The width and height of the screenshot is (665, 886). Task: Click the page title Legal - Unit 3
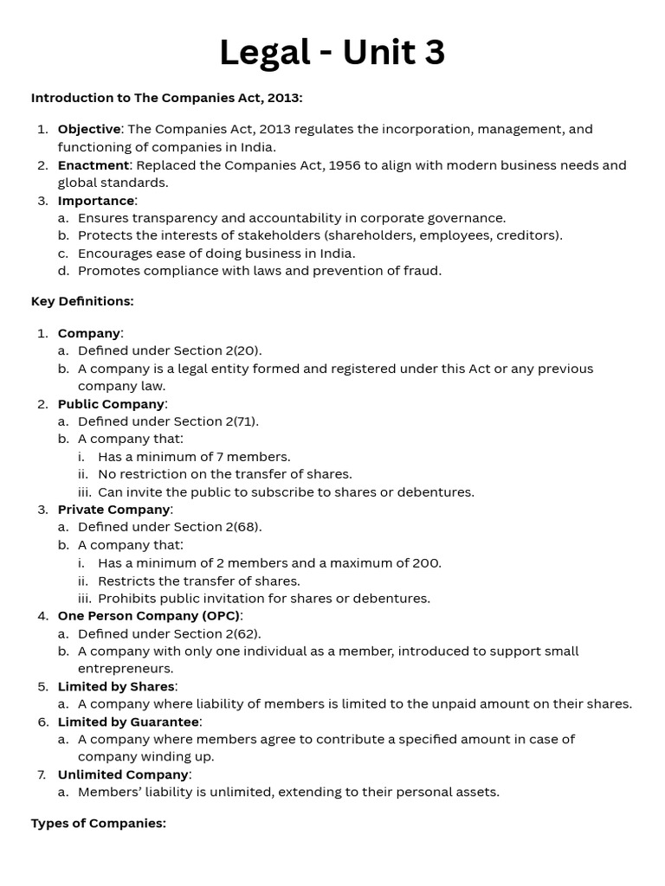(x=332, y=53)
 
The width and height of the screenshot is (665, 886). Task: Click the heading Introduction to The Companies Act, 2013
(x=166, y=98)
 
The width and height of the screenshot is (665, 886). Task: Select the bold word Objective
(x=89, y=129)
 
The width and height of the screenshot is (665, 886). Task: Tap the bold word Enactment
(x=93, y=164)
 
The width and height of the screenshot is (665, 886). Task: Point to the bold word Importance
(x=96, y=201)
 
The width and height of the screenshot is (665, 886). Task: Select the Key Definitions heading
(x=82, y=301)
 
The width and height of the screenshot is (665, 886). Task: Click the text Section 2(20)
(x=217, y=350)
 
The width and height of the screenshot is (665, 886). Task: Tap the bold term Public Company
(x=111, y=404)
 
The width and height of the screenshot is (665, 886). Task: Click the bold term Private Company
(x=113, y=510)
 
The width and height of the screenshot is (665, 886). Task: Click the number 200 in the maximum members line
(x=425, y=562)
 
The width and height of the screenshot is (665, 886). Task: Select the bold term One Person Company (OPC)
(x=149, y=616)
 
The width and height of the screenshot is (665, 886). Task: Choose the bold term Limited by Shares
(x=115, y=686)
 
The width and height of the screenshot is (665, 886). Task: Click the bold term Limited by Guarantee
(x=128, y=722)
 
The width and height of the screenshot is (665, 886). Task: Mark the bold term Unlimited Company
(x=123, y=774)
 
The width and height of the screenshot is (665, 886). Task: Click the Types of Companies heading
(x=99, y=823)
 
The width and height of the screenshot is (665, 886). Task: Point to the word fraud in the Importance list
(x=423, y=271)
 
